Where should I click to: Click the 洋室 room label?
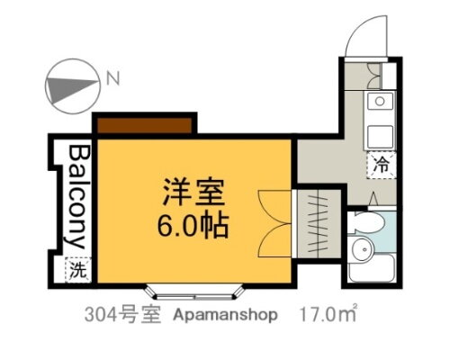193,193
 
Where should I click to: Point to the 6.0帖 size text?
193,223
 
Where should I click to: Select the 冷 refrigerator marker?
381,165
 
